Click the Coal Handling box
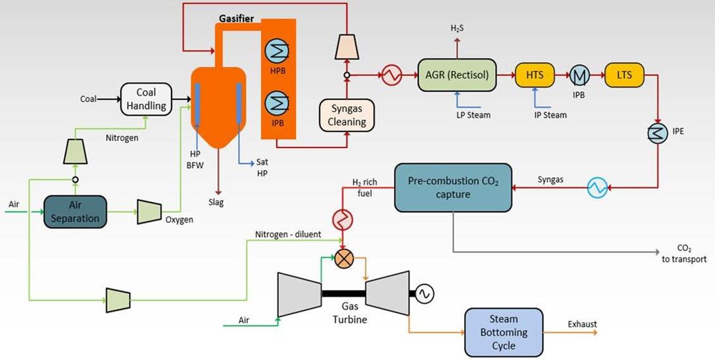145,99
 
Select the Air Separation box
75,212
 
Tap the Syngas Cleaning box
347,115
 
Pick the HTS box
534,75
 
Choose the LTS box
624,75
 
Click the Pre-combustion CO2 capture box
453,189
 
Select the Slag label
215,202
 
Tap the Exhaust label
582,324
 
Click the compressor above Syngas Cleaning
347,46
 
